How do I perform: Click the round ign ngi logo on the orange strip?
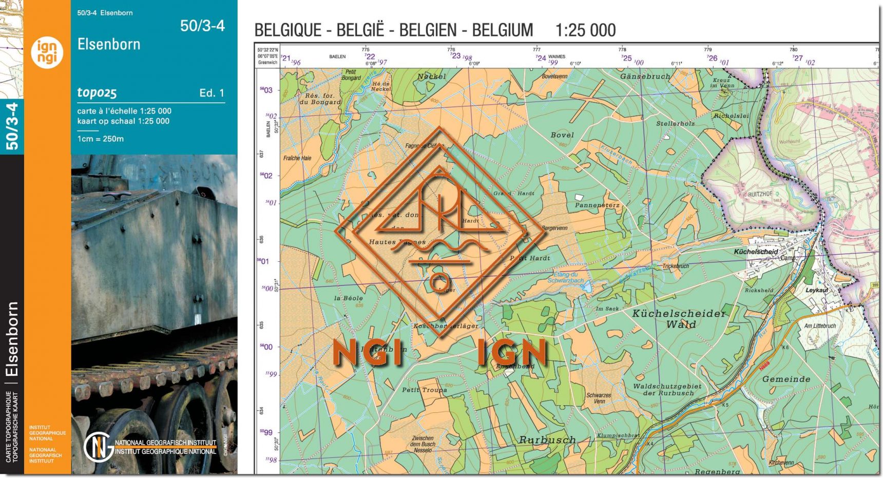coord(47,52)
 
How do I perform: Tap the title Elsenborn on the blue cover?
coord(109,45)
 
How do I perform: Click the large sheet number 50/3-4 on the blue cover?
coord(202,26)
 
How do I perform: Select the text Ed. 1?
coord(212,93)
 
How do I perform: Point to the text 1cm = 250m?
coord(101,139)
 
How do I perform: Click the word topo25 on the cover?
coord(97,92)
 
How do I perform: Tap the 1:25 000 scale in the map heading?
coord(585,30)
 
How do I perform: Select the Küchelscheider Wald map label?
coord(679,318)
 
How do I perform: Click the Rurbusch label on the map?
coord(547,440)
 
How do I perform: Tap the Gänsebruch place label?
coord(645,77)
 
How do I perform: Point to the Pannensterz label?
coord(597,205)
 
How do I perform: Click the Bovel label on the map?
coord(562,135)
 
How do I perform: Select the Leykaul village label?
coord(817,290)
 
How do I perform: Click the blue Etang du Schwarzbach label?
coord(565,277)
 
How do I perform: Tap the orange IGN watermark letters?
coord(512,353)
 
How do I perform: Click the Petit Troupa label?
coord(424,390)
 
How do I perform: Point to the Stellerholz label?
coord(675,124)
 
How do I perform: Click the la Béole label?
coord(348,298)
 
